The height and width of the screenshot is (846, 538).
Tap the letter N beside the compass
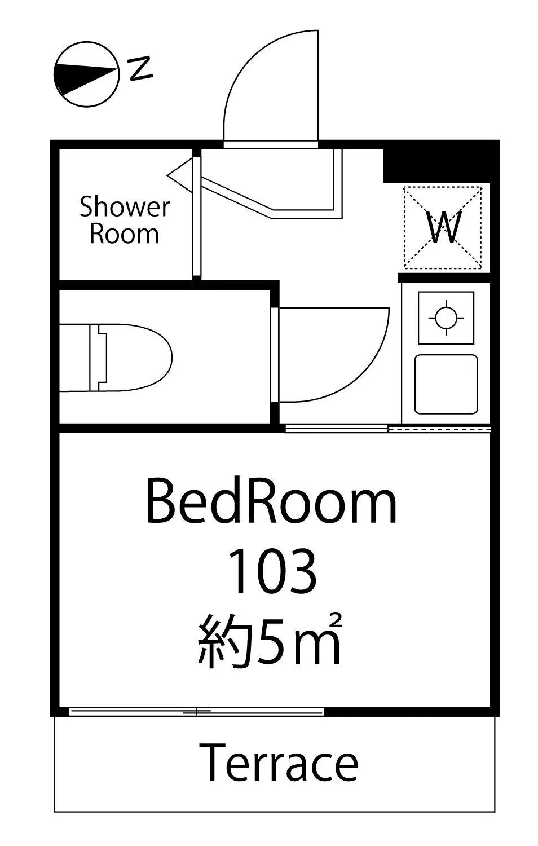coord(140,68)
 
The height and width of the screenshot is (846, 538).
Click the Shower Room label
coord(125,220)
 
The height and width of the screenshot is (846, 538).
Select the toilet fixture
coord(116,357)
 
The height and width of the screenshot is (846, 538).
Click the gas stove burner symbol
coord(446,318)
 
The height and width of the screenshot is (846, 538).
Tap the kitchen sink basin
coord(446,384)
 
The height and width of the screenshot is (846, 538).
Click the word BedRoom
coord(271,502)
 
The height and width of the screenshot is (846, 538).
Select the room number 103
coord(271,571)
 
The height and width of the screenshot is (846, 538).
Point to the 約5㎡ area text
coord(270,640)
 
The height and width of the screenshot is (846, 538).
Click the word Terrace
coord(279,762)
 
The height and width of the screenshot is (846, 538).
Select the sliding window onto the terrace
coord(197,712)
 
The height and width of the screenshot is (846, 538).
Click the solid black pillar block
coord(440,165)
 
